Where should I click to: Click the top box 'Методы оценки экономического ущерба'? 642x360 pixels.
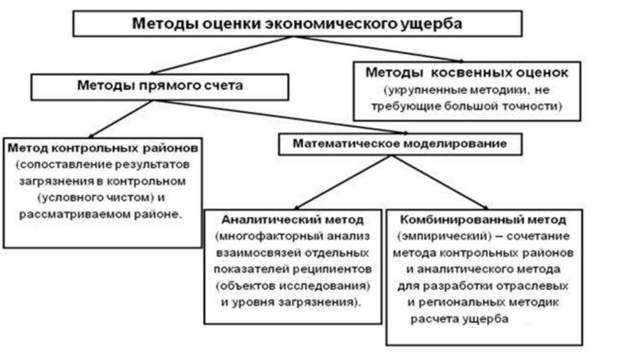[297, 24]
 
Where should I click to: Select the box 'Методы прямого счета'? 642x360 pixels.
[159, 86]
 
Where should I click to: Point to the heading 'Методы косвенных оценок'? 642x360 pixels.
[467, 73]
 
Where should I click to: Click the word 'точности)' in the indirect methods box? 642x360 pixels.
[537, 107]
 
